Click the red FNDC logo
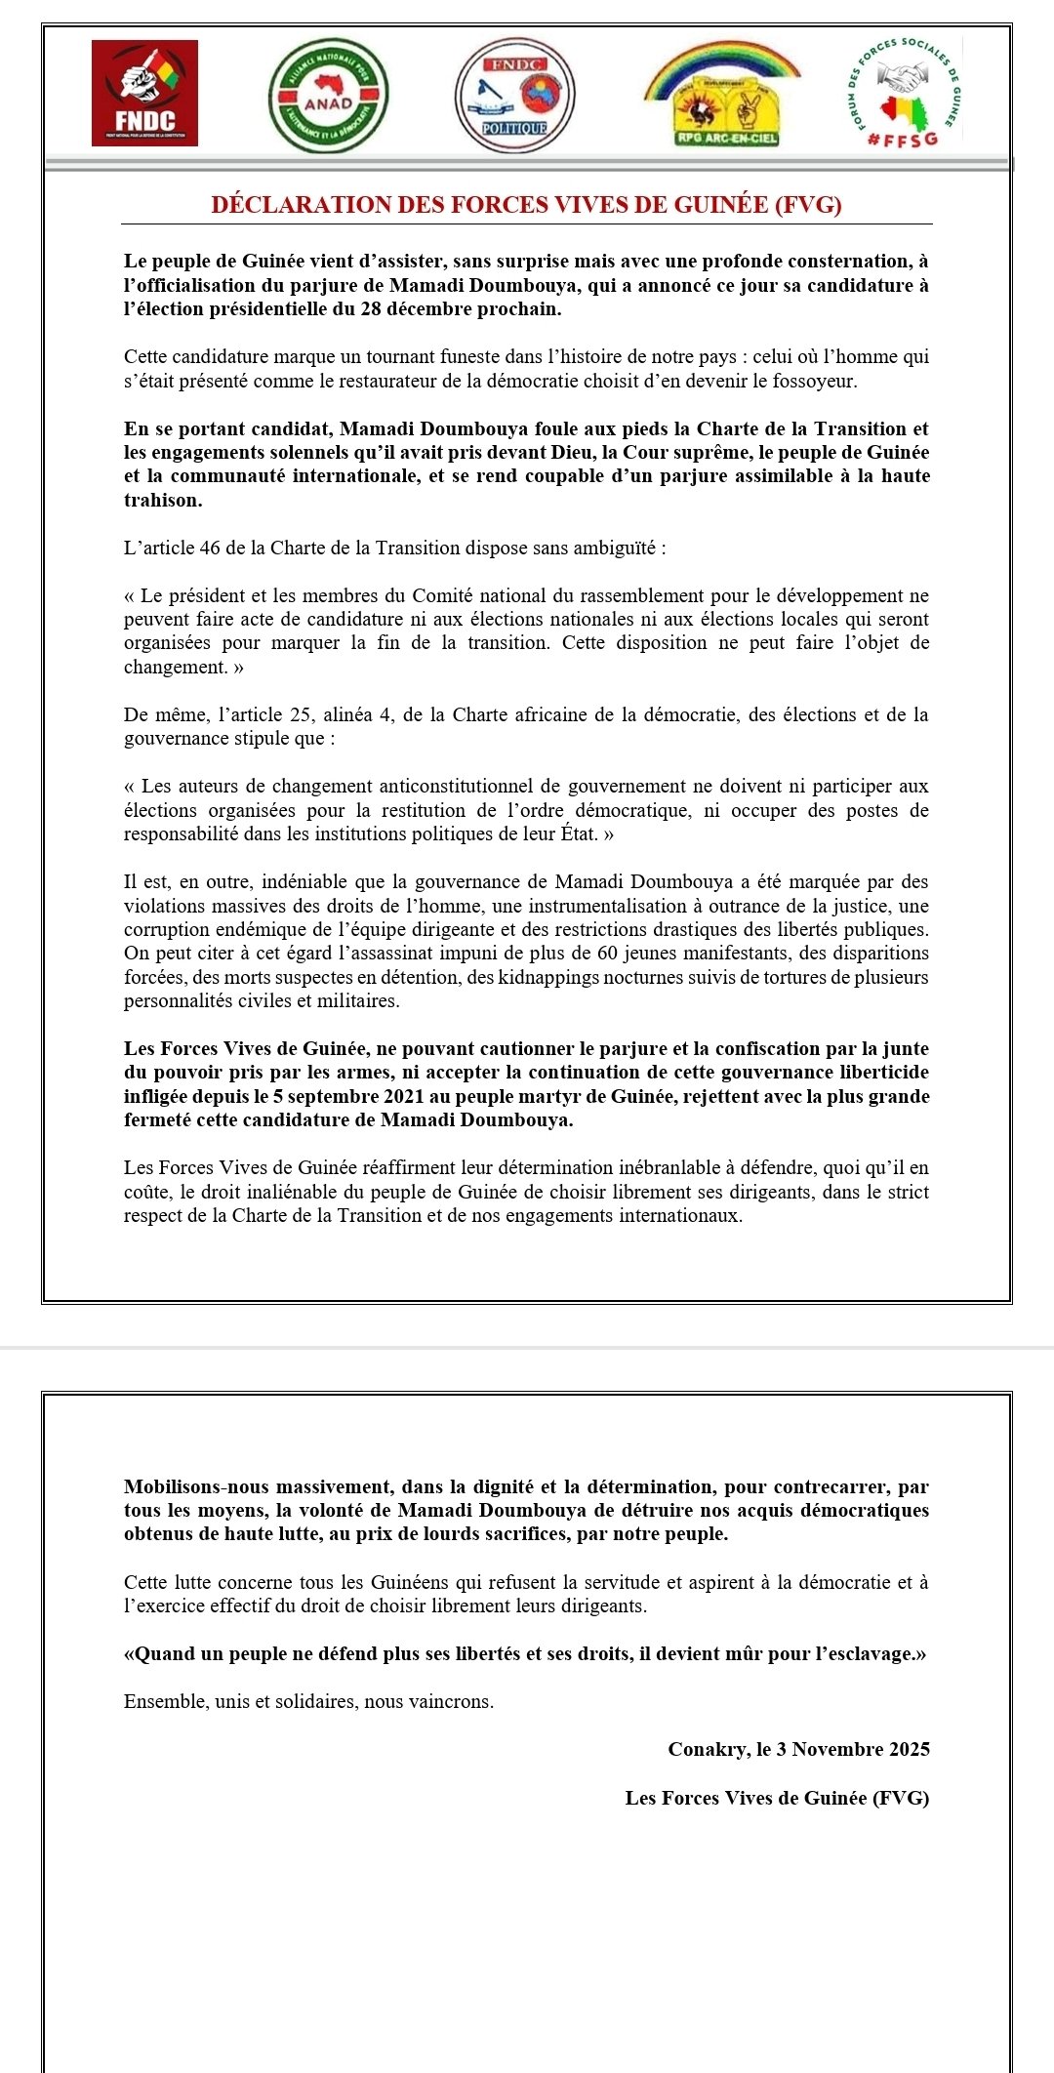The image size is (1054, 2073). (x=144, y=94)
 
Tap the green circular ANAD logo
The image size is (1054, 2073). (x=328, y=96)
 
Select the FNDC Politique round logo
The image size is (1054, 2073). (x=515, y=96)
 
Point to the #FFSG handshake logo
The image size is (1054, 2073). (x=904, y=94)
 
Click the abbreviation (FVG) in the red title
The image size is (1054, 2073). (x=808, y=205)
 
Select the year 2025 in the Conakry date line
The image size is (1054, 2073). (x=909, y=1749)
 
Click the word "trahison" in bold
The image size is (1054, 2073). (x=163, y=501)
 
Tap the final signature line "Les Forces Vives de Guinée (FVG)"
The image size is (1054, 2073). (x=777, y=1798)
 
